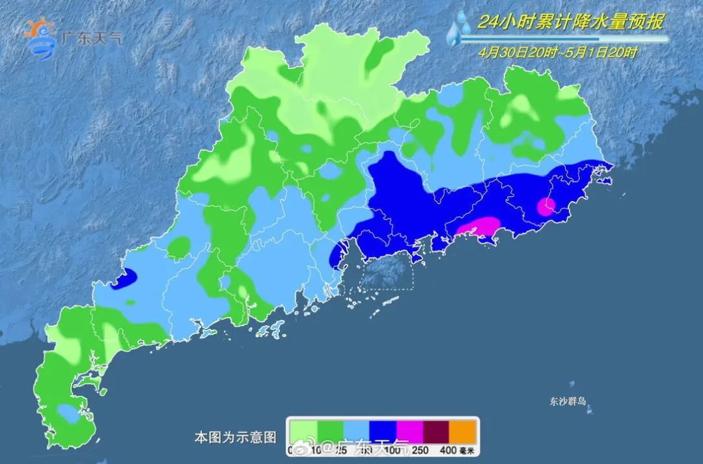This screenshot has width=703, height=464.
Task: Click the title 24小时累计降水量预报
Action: tap(570, 22)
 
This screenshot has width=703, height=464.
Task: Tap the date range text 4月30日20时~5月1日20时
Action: tap(557, 53)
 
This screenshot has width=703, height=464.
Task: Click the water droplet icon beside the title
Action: tap(460, 29)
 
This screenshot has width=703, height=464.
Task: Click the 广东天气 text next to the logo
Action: tap(91, 38)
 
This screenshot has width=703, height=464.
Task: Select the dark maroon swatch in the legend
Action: tap(437, 430)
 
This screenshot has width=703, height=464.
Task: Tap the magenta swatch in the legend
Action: tap(410, 430)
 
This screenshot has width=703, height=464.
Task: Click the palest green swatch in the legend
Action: tap(303, 430)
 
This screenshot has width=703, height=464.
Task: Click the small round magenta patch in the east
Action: tap(546, 206)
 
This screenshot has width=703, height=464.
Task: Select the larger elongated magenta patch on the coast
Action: tap(478, 227)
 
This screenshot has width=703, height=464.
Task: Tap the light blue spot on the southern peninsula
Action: tap(66, 413)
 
